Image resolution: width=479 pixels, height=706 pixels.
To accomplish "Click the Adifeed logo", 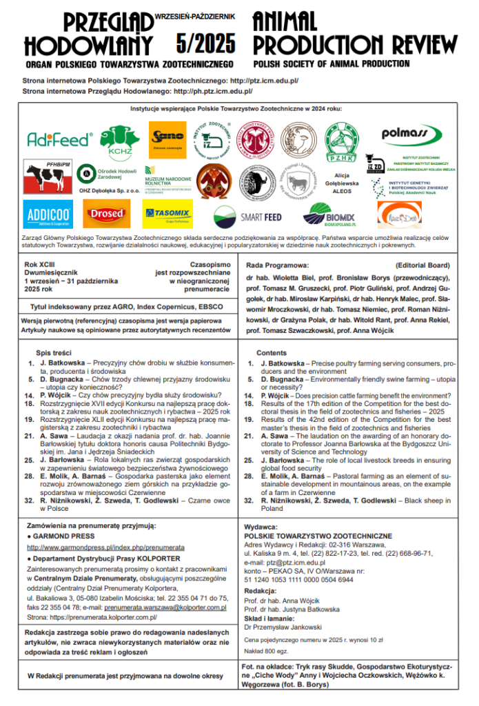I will coord(59,139).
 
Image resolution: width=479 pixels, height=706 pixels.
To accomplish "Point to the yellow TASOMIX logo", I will coord(167,214).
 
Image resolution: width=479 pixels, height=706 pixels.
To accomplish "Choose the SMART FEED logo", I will coord(247,216).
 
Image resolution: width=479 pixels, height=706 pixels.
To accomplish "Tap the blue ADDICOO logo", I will coord(48,214).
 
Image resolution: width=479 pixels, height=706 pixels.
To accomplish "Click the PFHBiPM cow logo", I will coord(48,176).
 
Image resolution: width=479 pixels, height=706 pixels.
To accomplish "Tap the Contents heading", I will coord(272,352).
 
